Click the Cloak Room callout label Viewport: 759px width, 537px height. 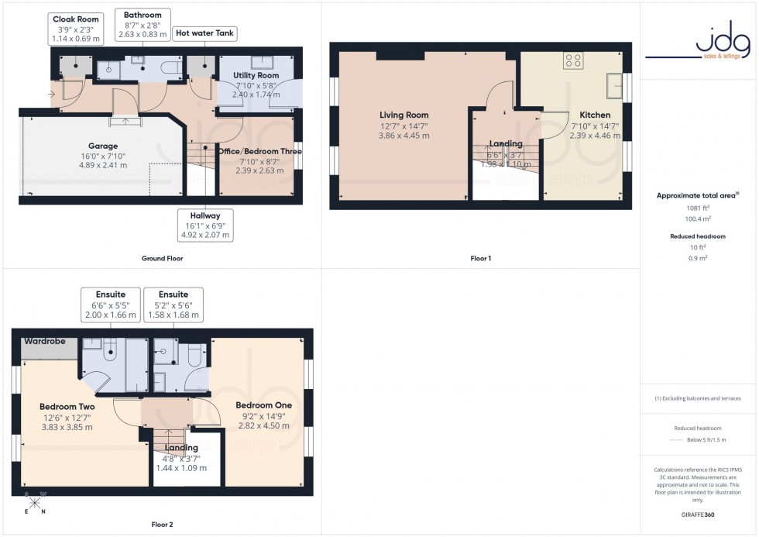74,28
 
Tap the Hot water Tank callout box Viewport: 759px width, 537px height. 205,33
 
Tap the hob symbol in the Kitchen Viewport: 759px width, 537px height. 573,60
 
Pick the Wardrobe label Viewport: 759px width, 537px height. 43,341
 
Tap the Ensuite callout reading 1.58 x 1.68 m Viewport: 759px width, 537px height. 173,305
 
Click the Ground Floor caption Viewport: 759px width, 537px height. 162,258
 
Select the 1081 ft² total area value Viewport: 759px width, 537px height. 699,208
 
